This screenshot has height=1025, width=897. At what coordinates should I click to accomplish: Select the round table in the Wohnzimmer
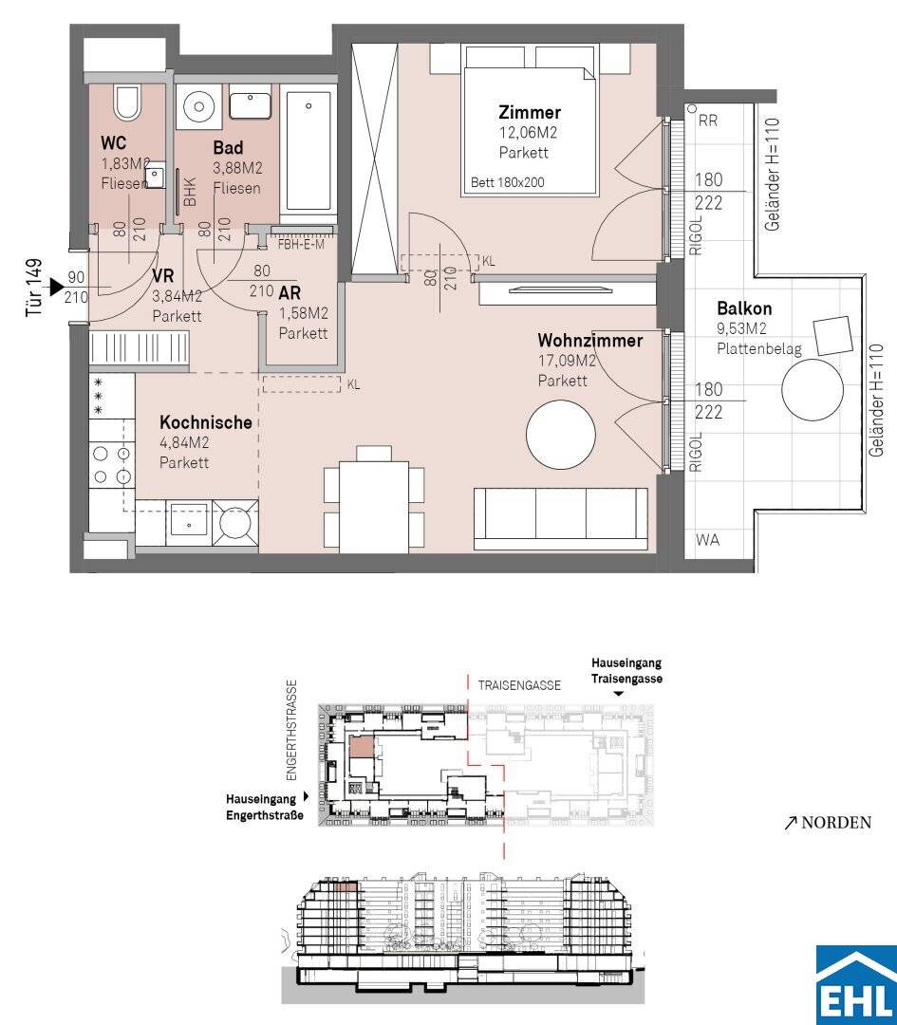click(x=561, y=435)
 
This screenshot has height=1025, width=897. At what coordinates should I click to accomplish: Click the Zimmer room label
click(x=530, y=112)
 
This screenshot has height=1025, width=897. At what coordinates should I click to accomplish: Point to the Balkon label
click(x=744, y=308)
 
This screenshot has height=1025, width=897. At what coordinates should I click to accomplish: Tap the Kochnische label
click(x=206, y=422)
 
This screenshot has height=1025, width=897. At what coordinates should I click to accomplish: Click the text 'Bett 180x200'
click(x=507, y=183)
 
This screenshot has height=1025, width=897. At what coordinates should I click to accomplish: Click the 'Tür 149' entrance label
click(x=34, y=289)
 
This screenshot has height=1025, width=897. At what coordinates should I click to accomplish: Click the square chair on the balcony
click(x=832, y=336)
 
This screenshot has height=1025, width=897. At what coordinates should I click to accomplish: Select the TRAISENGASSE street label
click(x=519, y=686)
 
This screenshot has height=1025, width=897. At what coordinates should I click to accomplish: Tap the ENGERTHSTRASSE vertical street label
click(x=291, y=731)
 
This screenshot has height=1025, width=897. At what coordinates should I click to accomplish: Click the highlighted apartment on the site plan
click(x=362, y=746)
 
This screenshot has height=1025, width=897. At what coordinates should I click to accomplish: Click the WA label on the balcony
click(x=707, y=540)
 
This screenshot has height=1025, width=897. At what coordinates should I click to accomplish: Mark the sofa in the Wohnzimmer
click(x=561, y=518)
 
